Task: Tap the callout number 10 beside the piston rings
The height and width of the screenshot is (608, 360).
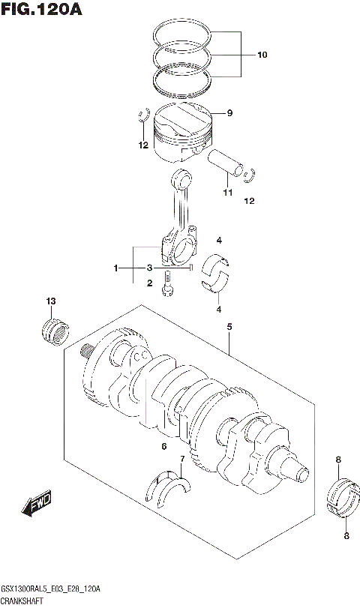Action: (262, 55)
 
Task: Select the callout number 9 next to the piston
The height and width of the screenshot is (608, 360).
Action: (229, 113)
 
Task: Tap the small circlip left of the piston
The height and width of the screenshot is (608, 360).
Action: (142, 116)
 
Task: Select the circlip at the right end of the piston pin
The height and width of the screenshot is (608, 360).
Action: (250, 175)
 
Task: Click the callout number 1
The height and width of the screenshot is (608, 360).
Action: (116, 268)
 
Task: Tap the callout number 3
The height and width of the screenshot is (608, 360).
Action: (149, 268)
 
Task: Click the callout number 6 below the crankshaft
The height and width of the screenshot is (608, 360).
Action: (163, 448)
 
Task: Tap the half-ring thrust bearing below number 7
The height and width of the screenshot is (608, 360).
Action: (170, 487)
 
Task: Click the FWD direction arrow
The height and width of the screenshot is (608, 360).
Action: (36, 506)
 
